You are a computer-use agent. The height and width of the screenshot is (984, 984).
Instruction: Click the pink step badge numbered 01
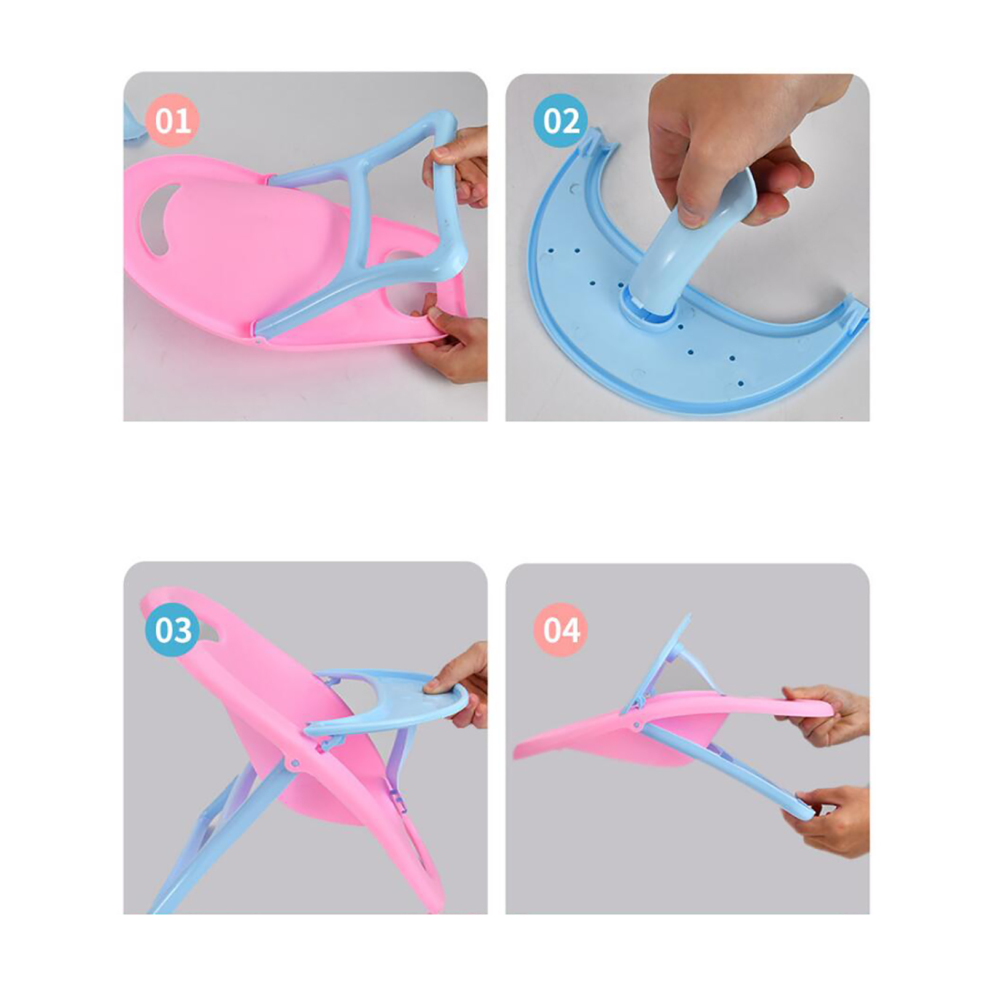pyautogui.click(x=173, y=121)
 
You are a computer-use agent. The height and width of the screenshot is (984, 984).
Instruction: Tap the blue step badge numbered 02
pyautogui.click(x=561, y=120)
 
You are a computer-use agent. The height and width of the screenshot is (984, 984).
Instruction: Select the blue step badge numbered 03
pyautogui.click(x=173, y=630)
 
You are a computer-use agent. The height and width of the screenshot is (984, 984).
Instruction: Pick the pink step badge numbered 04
pyautogui.click(x=561, y=630)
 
